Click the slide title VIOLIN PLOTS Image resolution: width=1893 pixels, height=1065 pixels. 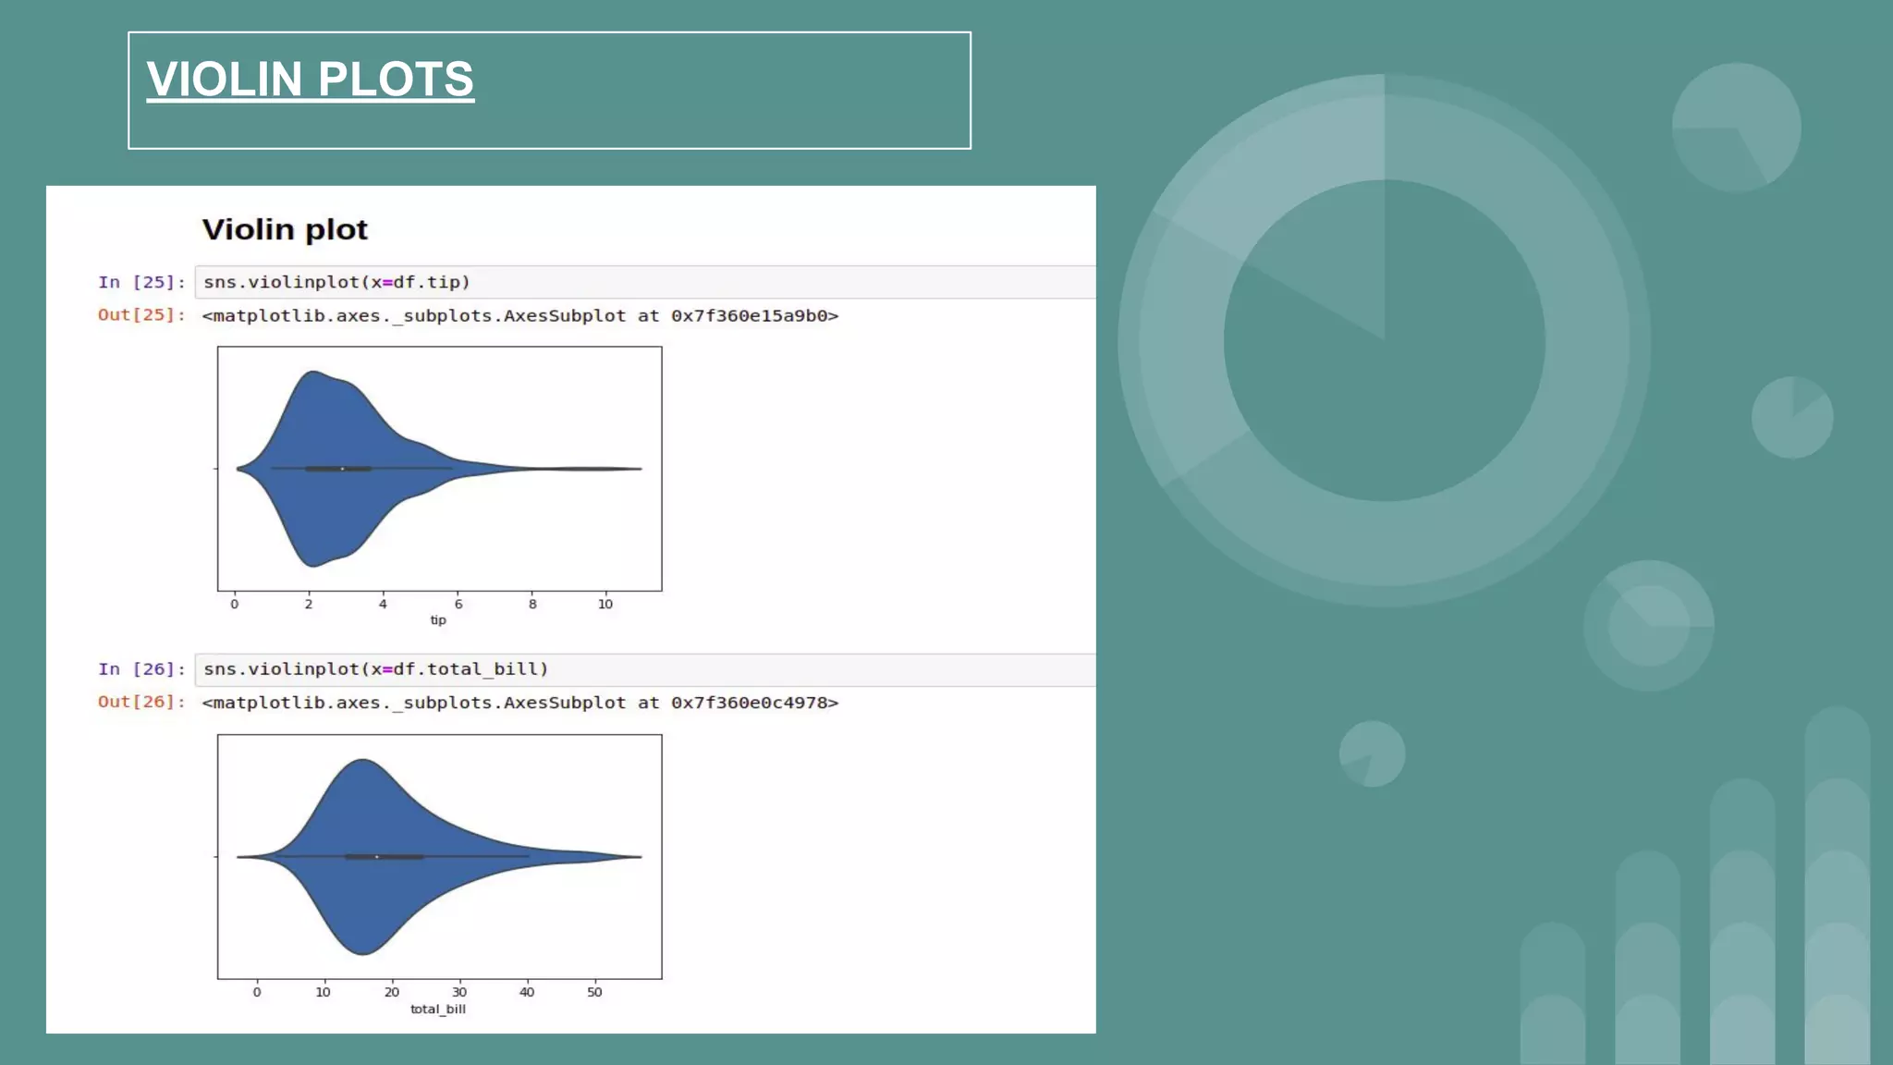pyautogui.click(x=310, y=80)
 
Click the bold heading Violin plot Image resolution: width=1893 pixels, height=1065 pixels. pyautogui.click(x=285, y=229)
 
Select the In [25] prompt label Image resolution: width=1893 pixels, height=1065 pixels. pyautogui.click(x=141, y=282)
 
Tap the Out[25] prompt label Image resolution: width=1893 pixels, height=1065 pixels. pyautogui.click(x=141, y=315)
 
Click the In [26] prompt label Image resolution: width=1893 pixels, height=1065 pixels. pyautogui.click(x=141, y=668)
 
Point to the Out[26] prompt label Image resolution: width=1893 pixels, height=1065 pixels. pyautogui.click(x=141, y=702)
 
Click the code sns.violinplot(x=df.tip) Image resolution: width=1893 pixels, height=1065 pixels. pyautogui.click(x=336, y=282)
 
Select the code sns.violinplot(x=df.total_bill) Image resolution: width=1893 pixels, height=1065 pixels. pyautogui.click(x=375, y=668)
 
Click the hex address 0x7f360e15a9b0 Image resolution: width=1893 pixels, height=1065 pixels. pyautogui.click(x=750, y=316)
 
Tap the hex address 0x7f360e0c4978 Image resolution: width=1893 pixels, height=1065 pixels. pyautogui.click(x=750, y=703)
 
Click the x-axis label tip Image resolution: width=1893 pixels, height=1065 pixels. pyautogui.click(x=438, y=620)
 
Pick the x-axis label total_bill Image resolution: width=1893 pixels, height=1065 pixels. pyautogui.click(x=438, y=1009)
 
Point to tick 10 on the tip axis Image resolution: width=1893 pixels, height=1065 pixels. pyautogui.click(x=605, y=604)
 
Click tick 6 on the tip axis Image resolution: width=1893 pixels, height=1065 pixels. pyautogui.click(x=458, y=604)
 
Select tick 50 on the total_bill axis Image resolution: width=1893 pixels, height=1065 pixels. pyautogui.click(x=594, y=992)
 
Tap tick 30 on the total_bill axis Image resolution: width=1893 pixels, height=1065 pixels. pyautogui.click(x=459, y=992)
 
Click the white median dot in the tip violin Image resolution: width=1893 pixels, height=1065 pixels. pyautogui.click(x=343, y=469)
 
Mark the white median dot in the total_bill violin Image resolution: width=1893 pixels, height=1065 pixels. pyautogui.click(x=376, y=857)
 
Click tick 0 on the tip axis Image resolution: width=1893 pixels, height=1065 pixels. pyautogui.click(x=235, y=604)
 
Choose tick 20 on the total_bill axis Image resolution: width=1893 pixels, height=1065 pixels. pyautogui.click(x=392, y=992)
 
